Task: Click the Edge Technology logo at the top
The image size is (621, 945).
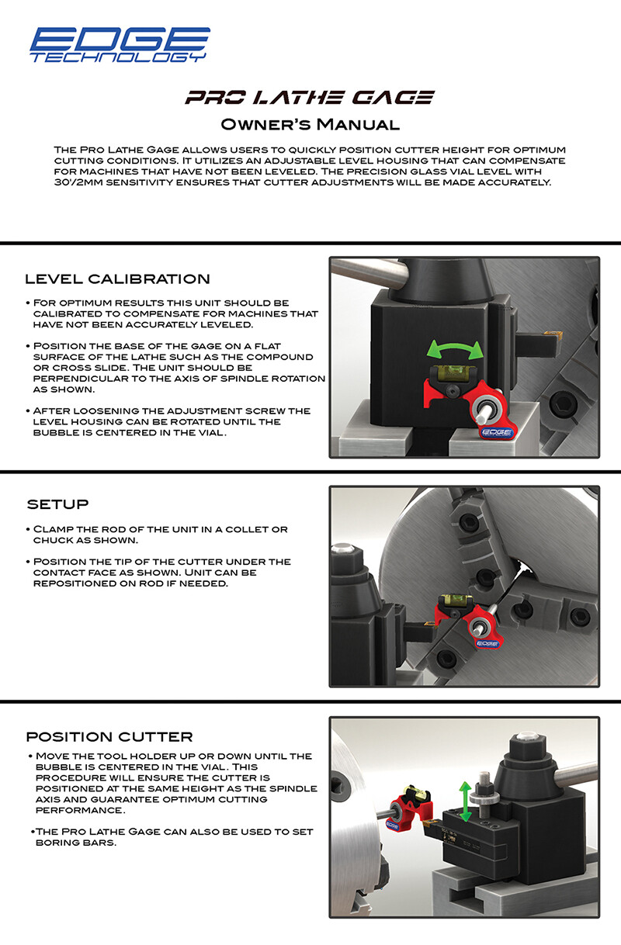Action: pos(120,45)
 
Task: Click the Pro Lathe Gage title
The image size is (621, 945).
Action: pos(310,98)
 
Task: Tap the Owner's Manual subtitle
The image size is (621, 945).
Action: pos(310,124)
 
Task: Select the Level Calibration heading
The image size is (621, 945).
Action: pos(117,279)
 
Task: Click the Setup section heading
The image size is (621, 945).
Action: pos(58,504)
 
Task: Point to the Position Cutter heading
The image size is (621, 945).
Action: pos(109,736)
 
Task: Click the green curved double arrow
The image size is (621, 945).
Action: pos(455,349)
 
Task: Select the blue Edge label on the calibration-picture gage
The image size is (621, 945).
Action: pos(497,432)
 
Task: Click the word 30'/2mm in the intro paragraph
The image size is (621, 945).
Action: pos(78,182)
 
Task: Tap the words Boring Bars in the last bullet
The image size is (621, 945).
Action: pos(75,843)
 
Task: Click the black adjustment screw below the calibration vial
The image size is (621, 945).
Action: pos(454,393)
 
